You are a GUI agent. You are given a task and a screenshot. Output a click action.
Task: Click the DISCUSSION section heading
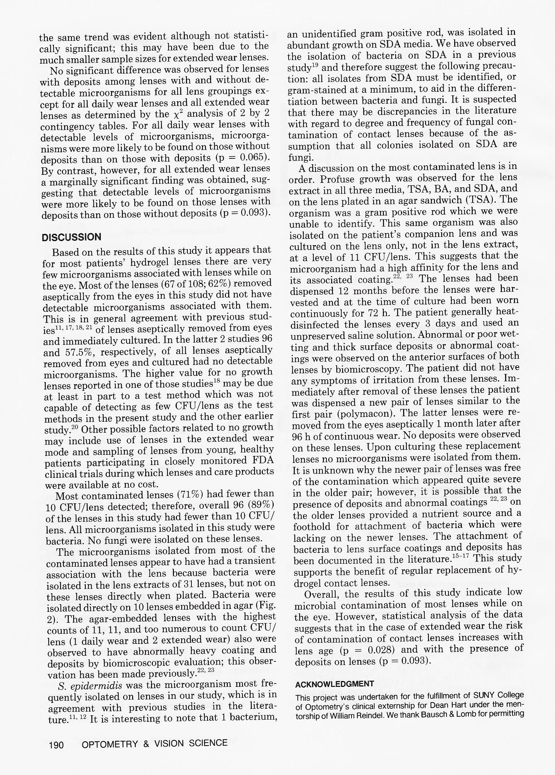point(71,237)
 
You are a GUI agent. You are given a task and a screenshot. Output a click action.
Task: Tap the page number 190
point(56,744)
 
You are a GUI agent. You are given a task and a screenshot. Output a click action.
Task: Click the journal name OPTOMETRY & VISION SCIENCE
point(155,743)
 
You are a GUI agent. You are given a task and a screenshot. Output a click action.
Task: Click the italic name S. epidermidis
point(90,686)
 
